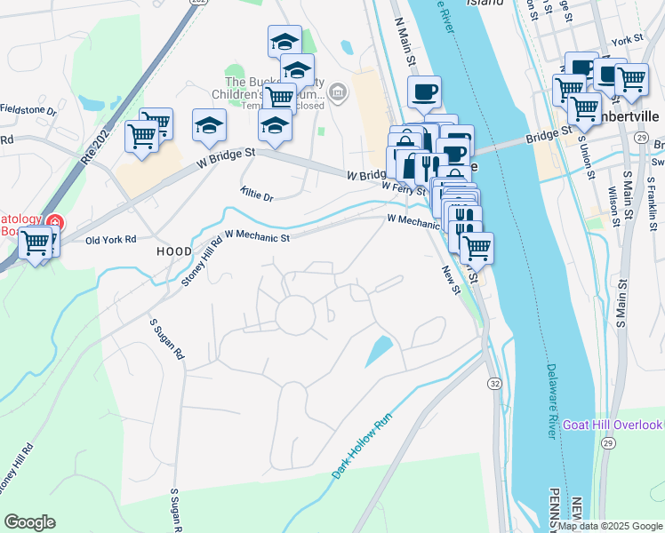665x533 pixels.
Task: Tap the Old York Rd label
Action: point(110,240)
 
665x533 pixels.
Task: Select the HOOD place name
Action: point(174,252)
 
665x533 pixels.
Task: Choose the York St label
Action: point(627,41)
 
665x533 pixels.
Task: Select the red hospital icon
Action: point(55,222)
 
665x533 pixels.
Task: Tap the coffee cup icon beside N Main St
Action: point(424,91)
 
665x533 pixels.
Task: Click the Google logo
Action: point(29,522)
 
